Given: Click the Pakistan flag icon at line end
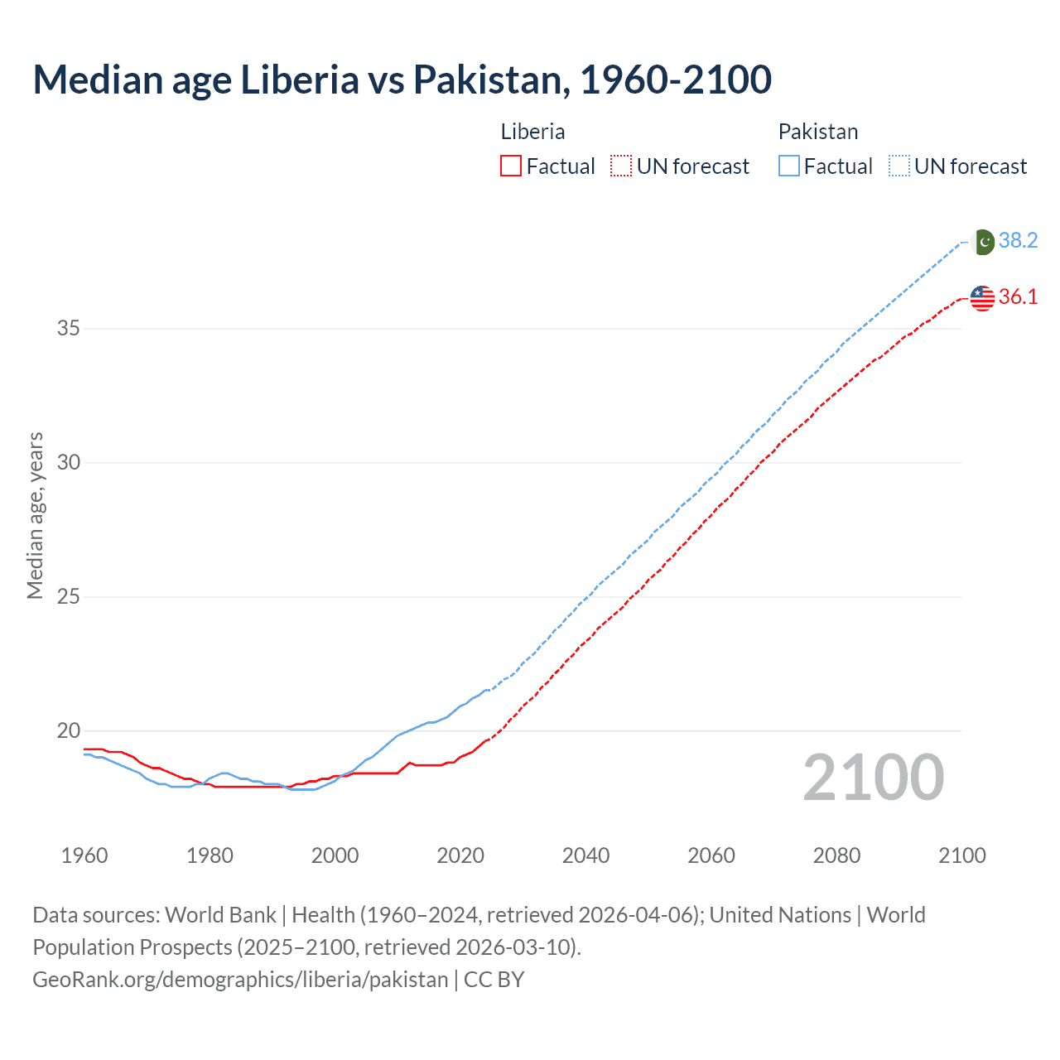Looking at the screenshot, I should pyautogui.click(x=983, y=242).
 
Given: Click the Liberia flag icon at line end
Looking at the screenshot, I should pyautogui.click(x=982, y=298).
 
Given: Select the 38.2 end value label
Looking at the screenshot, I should pyautogui.click(x=1018, y=241).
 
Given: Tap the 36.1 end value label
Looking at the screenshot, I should pyautogui.click(x=1018, y=297).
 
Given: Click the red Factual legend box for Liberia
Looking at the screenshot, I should pyautogui.click(x=511, y=166).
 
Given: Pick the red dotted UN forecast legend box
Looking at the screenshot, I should pyautogui.click(x=621, y=166).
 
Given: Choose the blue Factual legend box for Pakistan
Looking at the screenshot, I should pyautogui.click(x=788, y=166).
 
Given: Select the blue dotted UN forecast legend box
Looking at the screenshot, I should pyautogui.click(x=899, y=166).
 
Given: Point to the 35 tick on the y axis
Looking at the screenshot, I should pyautogui.click(x=69, y=329).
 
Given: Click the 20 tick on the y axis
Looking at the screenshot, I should pyautogui.click(x=69, y=731).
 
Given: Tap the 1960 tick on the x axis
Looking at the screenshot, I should pyautogui.click(x=84, y=855).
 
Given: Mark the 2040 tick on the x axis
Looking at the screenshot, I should pyautogui.click(x=585, y=855).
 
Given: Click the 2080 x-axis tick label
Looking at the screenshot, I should pyautogui.click(x=836, y=855).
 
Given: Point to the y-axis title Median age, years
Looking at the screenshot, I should pyautogui.click(x=35, y=515).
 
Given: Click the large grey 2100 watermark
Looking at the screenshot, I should pyautogui.click(x=873, y=778).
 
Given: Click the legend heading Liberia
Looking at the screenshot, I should pyautogui.click(x=532, y=132).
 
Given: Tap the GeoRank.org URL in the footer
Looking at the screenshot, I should pyautogui.click(x=240, y=980).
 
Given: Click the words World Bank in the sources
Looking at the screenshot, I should pyautogui.click(x=220, y=915).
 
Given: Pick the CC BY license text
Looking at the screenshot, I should pyautogui.click(x=494, y=980).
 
